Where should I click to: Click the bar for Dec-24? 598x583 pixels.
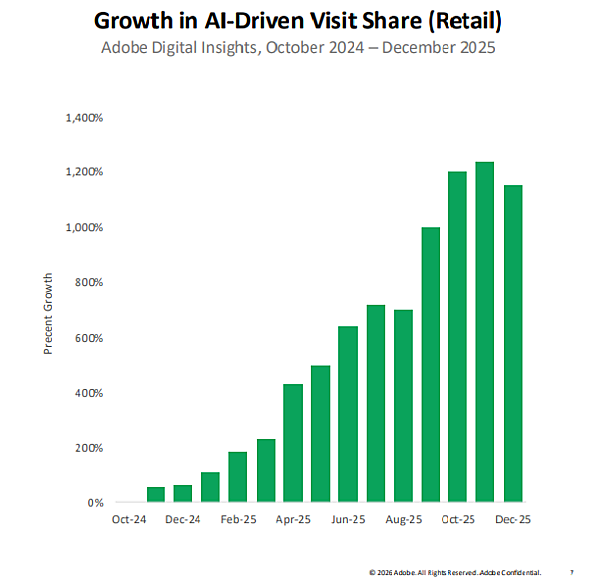(182, 493)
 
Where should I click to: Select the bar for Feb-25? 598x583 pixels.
(237, 477)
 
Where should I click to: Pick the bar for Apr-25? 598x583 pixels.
(293, 442)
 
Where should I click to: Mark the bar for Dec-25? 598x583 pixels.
(513, 344)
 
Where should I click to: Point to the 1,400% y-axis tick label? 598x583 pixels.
(84, 118)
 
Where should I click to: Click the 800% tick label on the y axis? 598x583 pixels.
(90, 283)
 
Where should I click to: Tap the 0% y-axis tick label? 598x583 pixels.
(95, 503)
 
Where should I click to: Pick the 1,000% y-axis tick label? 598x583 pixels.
(84, 228)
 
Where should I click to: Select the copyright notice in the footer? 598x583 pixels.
(454, 573)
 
